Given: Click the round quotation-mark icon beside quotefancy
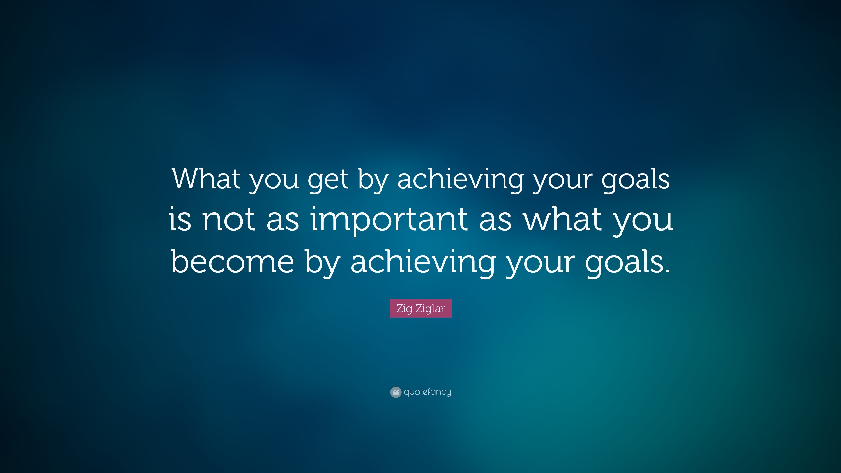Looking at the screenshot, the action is pos(396,392).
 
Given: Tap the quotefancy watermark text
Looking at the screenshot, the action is pos(427,392).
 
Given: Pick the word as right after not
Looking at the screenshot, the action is pos(283,222).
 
